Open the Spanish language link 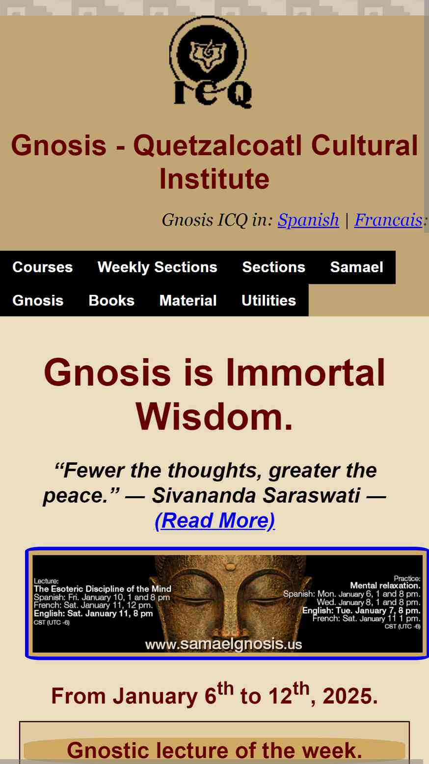click(x=308, y=220)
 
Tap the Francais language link click(x=388, y=220)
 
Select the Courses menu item click(x=43, y=267)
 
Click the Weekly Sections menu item click(x=158, y=267)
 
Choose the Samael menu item click(x=356, y=267)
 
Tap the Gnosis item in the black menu click(x=38, y=301)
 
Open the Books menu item click(x=111, y=301)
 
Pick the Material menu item click(x=188, y=301)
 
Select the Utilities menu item click(x=268, y=301)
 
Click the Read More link click(x=214, y=521)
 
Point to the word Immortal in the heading click(x=305, y=372)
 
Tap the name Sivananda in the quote click(x=204, y=495)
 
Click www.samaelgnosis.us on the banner click(x=223, y=644)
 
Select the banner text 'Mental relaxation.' click(x=385, y=586)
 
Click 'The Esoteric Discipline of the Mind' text click(x=103, y=589)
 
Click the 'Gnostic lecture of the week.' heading click(x=214, y=750)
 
